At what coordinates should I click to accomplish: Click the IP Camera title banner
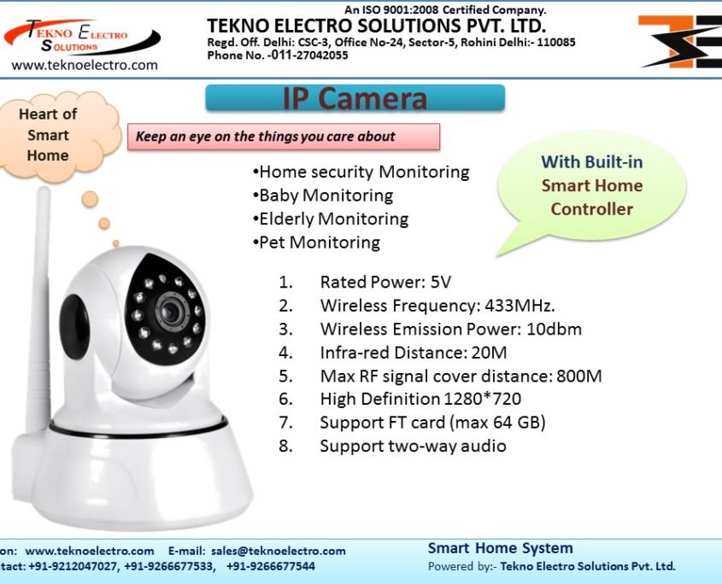pos(355,99)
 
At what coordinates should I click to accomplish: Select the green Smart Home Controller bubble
pos(591,185)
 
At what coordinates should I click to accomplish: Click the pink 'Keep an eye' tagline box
pos(283,137)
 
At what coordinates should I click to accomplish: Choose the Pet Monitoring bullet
pos(318,242)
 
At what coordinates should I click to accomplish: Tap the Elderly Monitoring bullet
pos(332,219)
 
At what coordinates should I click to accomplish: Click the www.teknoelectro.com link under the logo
pos(85,65)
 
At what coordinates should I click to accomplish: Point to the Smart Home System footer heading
pos(501,548)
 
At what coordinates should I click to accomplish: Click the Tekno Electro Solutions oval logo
pos(80,36)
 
